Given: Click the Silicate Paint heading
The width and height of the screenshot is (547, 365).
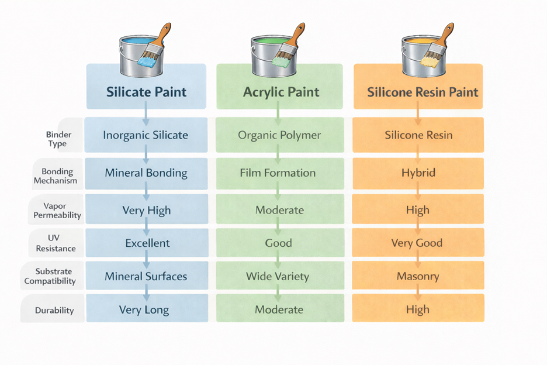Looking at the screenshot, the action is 146,86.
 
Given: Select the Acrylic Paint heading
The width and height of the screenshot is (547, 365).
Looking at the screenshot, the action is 279,86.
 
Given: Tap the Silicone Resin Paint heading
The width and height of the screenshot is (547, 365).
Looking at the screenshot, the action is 418,86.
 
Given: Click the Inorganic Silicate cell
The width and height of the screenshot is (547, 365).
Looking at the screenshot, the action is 146,135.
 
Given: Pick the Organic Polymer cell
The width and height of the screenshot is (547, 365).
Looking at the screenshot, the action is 280,135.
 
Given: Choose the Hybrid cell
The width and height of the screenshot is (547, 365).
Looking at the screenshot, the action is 418,173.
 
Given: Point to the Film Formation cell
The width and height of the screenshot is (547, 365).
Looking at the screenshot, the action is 280,173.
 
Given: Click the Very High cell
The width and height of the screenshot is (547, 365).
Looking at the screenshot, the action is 147,209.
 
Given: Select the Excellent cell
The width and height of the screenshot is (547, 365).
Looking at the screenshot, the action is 147,242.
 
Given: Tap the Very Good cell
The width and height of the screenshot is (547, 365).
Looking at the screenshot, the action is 418,242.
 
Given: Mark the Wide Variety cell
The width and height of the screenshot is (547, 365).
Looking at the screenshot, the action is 280,276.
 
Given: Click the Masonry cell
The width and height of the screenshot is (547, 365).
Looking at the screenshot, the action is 418,276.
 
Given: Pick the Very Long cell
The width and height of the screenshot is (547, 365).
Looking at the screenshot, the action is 147,308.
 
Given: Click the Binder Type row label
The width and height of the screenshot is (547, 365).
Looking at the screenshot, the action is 58,139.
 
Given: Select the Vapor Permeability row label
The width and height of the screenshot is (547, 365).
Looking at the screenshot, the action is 57,210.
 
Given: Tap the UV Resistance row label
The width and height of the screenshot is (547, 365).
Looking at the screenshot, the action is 56,243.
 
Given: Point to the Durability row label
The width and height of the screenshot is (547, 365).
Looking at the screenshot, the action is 54,310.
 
